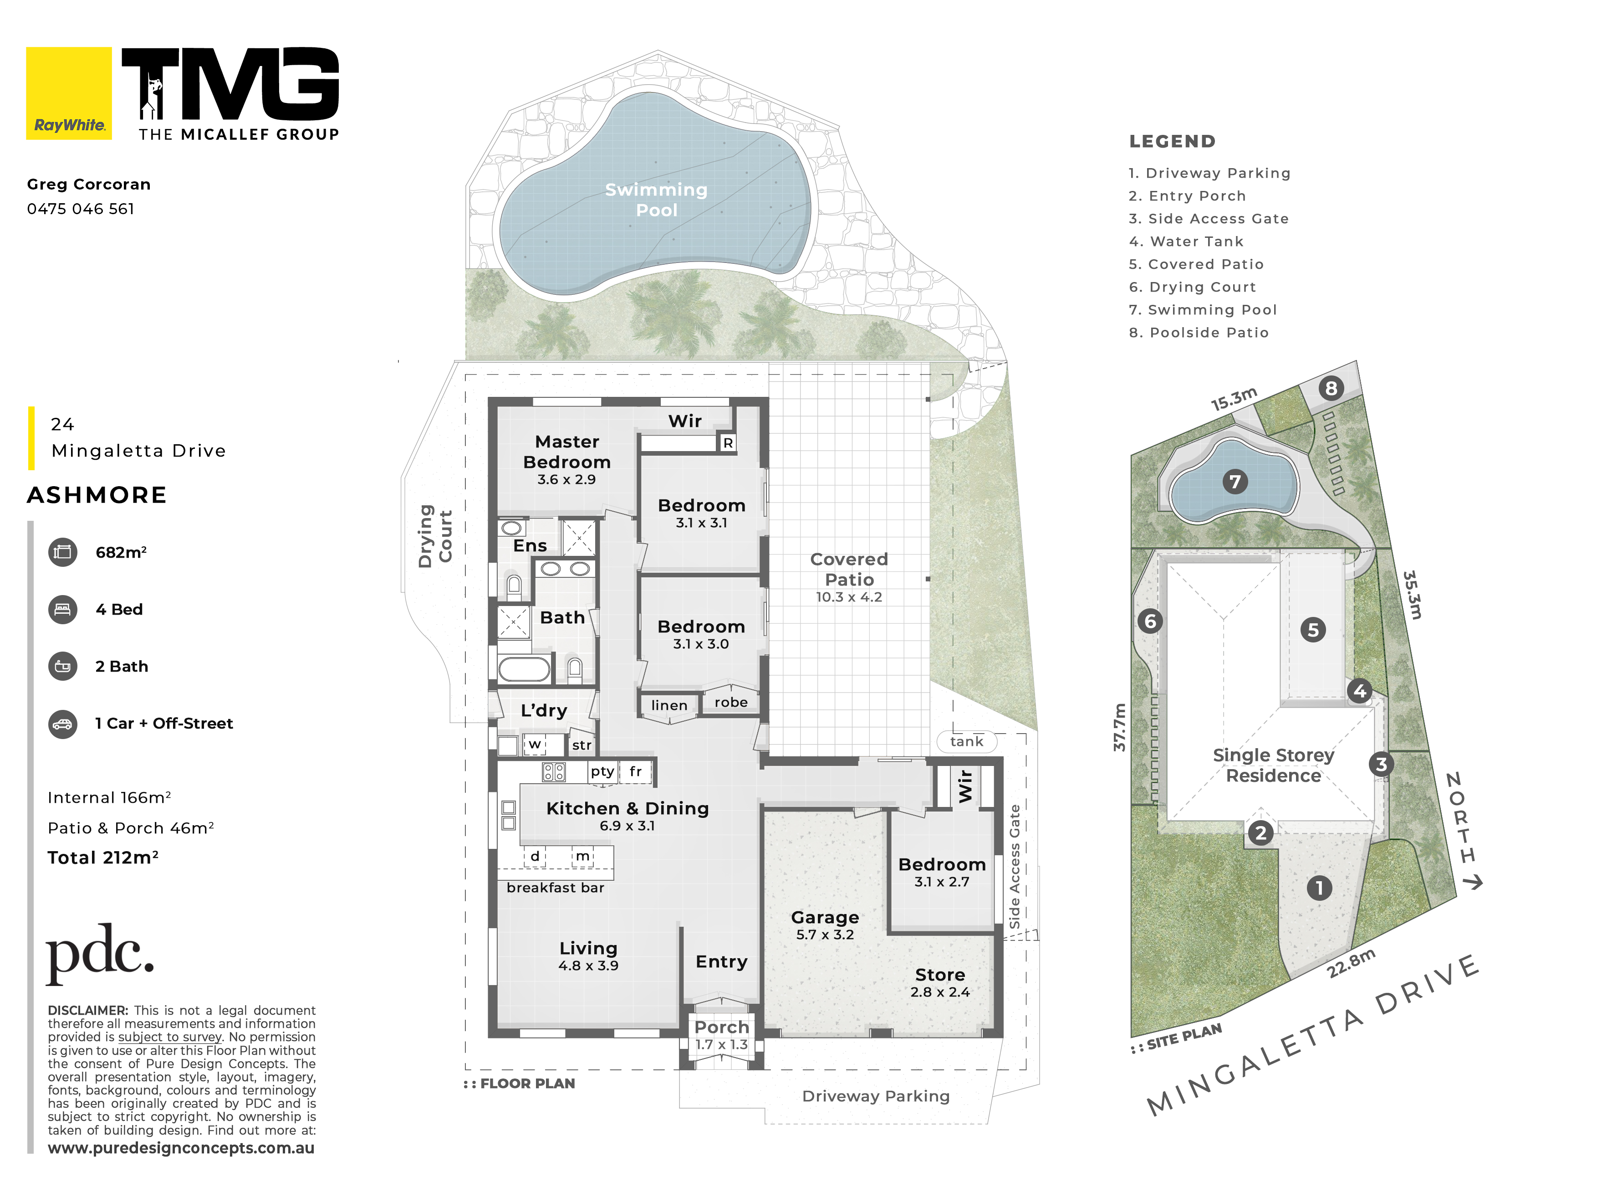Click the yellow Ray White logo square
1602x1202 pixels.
[x=69, y=93]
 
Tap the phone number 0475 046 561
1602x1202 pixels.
[x=81, y=209]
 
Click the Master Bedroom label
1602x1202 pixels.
[x=567, y=452]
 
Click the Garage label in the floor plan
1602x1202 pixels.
[x=825, y=917]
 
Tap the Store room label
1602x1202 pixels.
[x=940, y=975]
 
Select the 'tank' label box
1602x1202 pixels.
[x=967, y=741]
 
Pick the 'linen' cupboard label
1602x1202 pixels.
[x=669, y=705]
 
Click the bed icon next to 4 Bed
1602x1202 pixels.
[x=63, y=609]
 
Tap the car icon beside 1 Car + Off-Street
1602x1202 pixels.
[x=63, y=724]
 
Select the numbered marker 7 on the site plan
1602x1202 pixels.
[x=1235, y=481]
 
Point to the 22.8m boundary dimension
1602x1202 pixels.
[x=1352, y=963]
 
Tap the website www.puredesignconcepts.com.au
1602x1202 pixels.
[x=181, y=1148]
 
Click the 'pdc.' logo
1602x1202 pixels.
[x=100, y=954]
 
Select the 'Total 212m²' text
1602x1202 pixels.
[x=103, y=857]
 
